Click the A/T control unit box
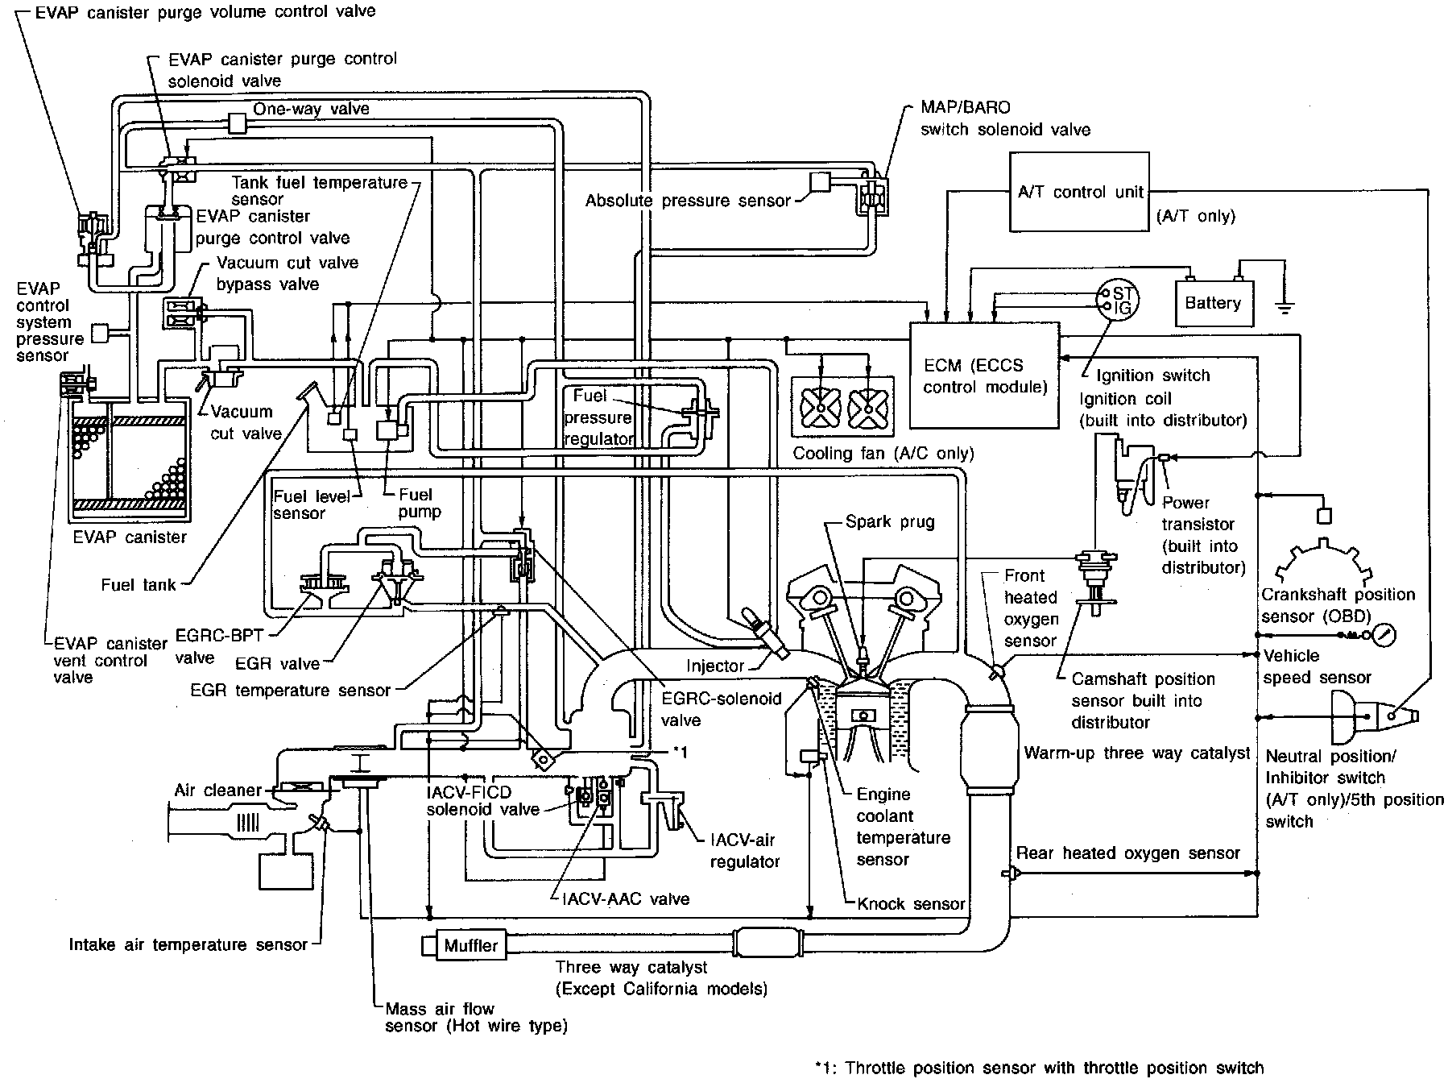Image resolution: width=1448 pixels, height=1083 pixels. point(1079,193)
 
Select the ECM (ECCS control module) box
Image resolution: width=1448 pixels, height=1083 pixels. point(984,376)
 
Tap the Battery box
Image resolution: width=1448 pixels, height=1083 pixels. point(1214,303)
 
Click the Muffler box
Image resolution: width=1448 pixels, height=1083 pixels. point(472,945)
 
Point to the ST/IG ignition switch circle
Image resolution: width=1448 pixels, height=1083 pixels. point(1116,301)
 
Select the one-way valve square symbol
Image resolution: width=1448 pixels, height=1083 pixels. point(238,122)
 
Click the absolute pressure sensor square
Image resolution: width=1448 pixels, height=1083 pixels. point(820,182)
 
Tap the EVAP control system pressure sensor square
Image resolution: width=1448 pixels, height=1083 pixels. point(102,332)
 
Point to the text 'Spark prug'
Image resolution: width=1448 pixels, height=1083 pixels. point(890,521)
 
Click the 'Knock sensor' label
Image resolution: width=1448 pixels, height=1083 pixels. point(912,903)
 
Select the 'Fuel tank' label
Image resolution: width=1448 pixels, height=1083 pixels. point(139,584)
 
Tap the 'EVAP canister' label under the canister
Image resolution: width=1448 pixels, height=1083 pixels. point(129,537)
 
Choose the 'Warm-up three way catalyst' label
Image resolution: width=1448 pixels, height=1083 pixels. point(1137,753)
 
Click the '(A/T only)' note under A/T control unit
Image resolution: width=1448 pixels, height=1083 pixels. point(1195,216)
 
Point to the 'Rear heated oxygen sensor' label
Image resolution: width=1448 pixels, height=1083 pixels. point(1128,853)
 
